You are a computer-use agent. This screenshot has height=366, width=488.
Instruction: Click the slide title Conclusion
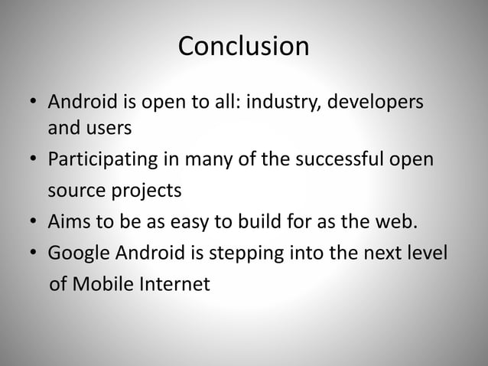(243, 47)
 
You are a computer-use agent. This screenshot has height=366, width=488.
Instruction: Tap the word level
(426, 253)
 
